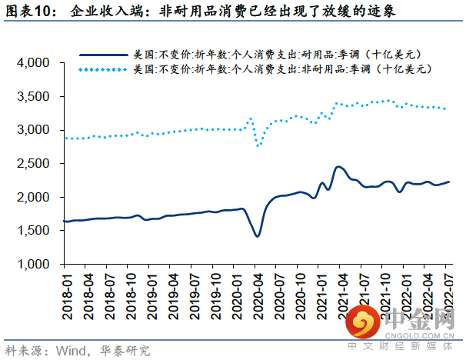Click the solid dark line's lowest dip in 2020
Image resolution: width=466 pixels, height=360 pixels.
tap(257, 236)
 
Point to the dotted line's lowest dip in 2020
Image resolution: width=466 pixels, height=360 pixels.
tap(258, 145)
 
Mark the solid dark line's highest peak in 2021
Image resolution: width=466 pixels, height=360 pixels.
tap(338, 166)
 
